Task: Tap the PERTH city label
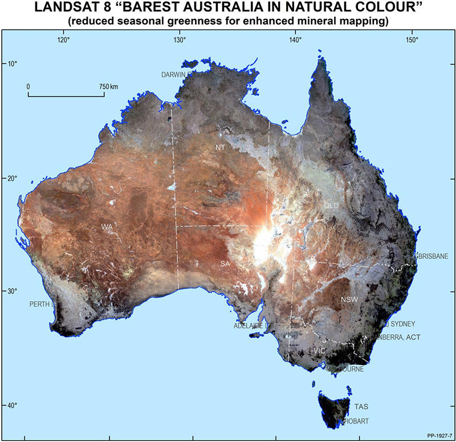point(40,304)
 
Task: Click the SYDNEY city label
point(403,324)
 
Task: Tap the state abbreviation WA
point(107,227)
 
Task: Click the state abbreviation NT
point(221,148)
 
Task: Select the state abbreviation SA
point(225,263)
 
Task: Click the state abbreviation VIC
point(319,350)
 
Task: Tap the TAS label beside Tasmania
point(361,407)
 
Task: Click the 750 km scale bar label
point(108,86)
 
